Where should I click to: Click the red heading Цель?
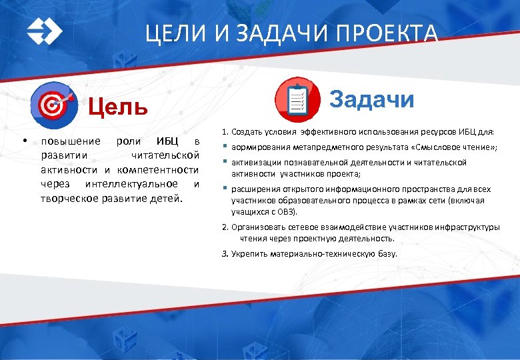click(118, 107)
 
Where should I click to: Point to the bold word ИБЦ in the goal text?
click(167, 141)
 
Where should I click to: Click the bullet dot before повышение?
click(23, 141)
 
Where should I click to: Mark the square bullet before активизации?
click(225, 162)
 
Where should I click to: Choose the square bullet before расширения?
click(225, 189)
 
